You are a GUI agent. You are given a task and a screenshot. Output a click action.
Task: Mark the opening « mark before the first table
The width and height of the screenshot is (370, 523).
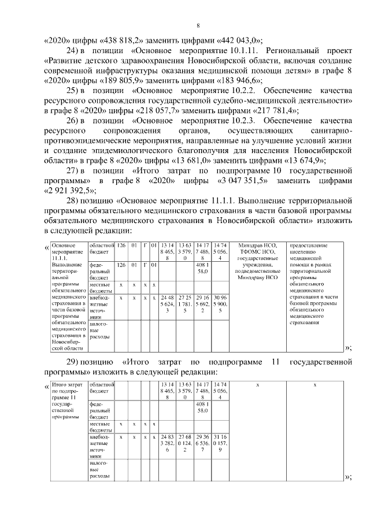coord(46,249)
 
